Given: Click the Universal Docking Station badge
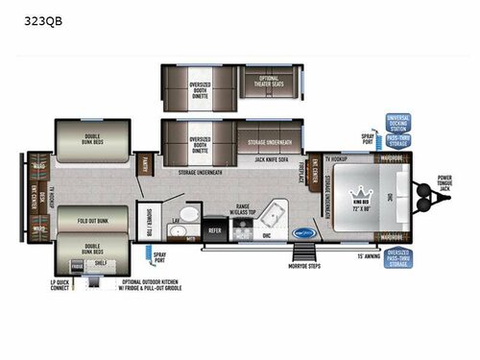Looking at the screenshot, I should click(397, 124).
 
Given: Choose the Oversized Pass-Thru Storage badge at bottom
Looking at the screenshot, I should click(397, 254).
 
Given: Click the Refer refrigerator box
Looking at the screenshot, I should click(216, 230).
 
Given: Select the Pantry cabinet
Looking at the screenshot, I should click(145, 165).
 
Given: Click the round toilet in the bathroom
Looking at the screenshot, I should click(190, 216).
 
